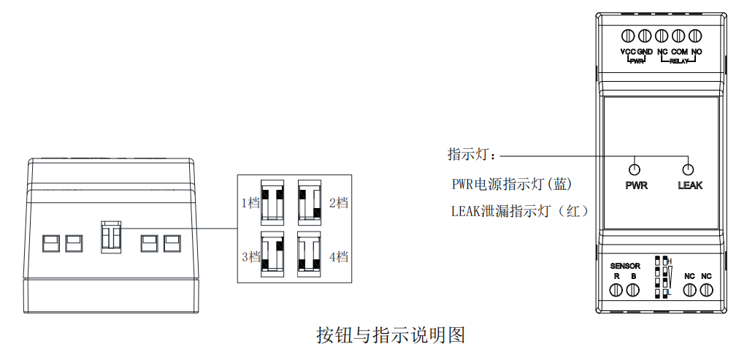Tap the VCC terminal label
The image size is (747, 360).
click(628, 52)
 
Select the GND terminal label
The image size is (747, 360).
click(645, 52)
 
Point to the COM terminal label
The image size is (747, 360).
click(679, 52)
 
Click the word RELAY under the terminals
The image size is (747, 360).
click(679, 61)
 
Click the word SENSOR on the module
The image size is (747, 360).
click(625, 266)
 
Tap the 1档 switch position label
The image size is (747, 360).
click(250, 202)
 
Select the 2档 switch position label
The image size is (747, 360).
click(338, 202)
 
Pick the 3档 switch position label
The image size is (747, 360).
click(250, 257)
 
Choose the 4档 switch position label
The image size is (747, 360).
click(338, 257)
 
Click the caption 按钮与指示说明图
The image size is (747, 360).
click(391, 335)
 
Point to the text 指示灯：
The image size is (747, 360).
click(472, 155)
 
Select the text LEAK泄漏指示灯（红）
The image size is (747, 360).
click(520, 211)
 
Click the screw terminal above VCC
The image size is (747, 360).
click(628, 35)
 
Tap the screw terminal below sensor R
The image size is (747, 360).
click(616, 290)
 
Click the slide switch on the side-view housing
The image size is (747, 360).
click(110, 237)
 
